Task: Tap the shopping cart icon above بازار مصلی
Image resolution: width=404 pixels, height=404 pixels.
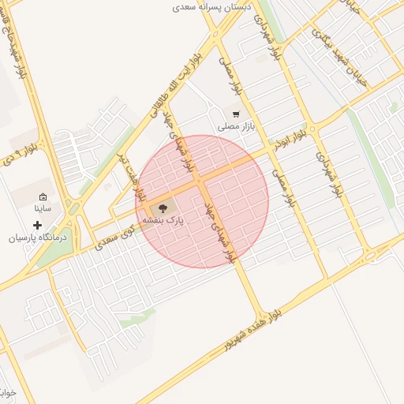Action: pos(236,114)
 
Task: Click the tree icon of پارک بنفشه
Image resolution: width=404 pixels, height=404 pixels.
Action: pos(163,209)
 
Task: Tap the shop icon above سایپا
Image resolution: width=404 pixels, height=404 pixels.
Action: pos(43,197)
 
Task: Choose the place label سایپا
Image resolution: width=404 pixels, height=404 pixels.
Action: pos(43,209)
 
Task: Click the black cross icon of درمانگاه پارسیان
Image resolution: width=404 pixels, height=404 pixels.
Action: pos(37,226)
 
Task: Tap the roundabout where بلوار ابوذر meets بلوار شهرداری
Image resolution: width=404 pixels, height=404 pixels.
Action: pos(313,129)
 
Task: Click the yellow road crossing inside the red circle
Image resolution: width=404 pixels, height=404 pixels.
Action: pos(201,184)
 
